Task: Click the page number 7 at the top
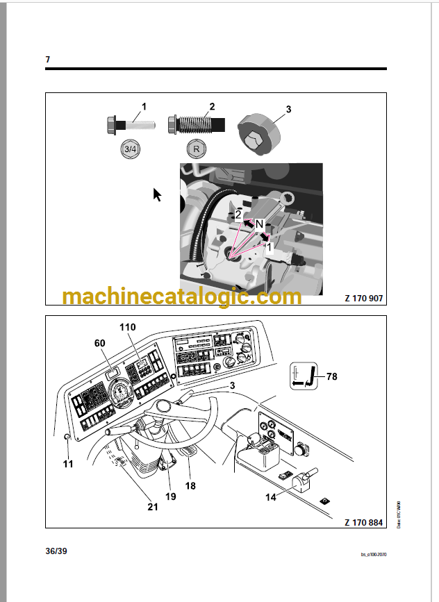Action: (48, 60)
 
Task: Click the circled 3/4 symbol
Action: (129, 149)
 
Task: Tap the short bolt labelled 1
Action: (130, 126)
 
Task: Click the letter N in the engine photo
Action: (258, 224)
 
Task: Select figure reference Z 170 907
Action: (363, 299)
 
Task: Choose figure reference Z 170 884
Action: (363, 521)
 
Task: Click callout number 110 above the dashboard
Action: (127, 326)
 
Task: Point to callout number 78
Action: (331, 376)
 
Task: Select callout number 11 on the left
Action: (67, 464)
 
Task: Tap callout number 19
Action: (170, 496)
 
